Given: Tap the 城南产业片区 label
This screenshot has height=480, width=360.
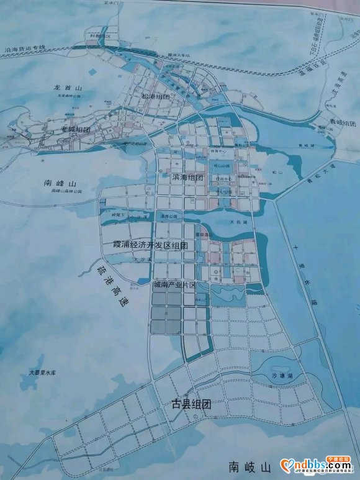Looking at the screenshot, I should [174, 284].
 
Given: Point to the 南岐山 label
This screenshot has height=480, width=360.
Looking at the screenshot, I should [250, 465].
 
